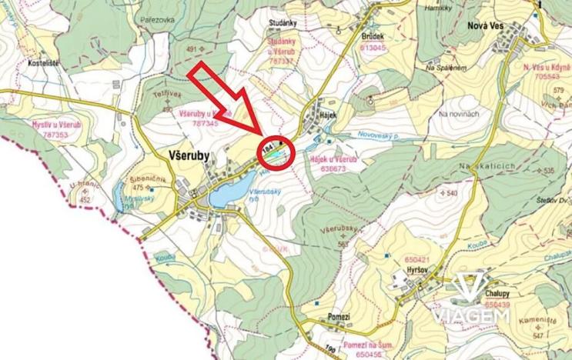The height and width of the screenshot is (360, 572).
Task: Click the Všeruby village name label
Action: [x=189, y=155]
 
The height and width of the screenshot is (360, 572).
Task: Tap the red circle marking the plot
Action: [x=276, y=152]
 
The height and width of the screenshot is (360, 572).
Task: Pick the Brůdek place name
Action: [x=372, y=37]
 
